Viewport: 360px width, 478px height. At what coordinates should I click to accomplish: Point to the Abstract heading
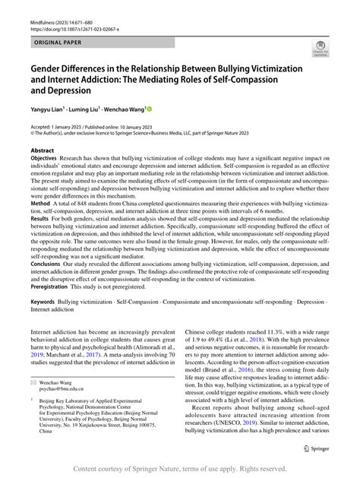tap(44, 150)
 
